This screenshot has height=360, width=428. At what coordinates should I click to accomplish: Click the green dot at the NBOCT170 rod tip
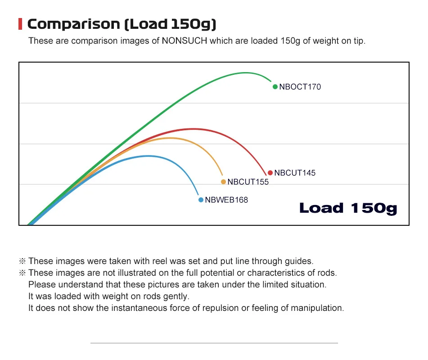point(275,87)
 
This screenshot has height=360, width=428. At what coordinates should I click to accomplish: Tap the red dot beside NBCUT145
point(270,173)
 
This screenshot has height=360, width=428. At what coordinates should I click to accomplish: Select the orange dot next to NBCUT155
point(223,182)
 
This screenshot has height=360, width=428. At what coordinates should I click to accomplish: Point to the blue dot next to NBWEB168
point(201,200)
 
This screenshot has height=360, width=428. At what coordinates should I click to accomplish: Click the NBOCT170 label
point(300,87)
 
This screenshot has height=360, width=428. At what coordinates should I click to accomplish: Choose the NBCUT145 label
point(295,173)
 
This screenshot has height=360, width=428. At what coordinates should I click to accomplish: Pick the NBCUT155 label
point(248,182)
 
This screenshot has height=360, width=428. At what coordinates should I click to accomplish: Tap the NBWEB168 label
point(226,200)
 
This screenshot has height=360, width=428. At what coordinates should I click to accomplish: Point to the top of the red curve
point(193,129)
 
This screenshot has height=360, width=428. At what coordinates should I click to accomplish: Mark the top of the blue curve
point(148,156)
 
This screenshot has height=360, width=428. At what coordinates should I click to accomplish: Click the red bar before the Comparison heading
point(20,24)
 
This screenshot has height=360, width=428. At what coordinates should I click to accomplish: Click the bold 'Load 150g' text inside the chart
point(348,208)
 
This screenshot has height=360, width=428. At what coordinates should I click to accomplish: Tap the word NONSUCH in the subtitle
point(183,41)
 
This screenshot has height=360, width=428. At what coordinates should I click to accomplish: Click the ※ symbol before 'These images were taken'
point(23,261)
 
